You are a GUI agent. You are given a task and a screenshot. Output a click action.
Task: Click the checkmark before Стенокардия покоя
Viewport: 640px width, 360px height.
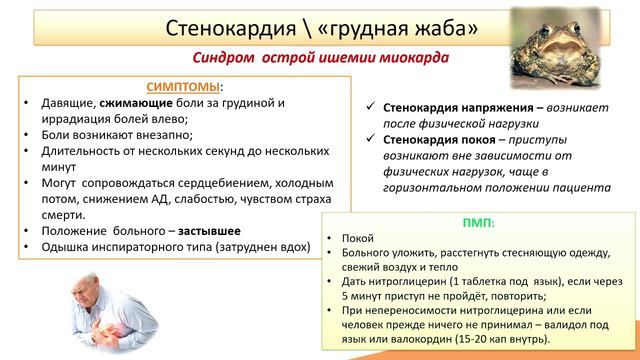click(x=370, y=140)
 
